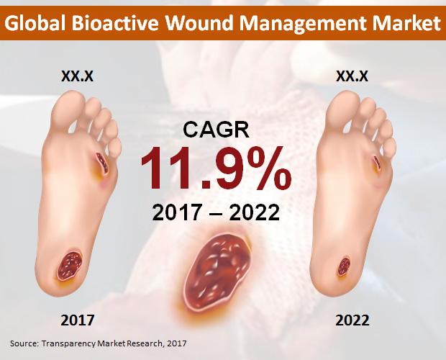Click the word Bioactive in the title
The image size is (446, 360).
click(114, 23)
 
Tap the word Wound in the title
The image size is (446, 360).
click(199, 23)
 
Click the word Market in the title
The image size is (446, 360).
click(406, 23)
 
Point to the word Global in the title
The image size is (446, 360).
click(35, 23)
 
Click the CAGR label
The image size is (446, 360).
click(216, 129)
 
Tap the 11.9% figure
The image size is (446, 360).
click(217, 168)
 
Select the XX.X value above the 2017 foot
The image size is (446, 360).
click(78, 76)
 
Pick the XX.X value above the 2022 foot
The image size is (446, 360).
click(352, 76)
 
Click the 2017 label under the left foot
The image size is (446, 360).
click(78, 320)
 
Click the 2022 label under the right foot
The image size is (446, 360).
click(352, 320)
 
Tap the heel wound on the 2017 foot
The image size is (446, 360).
click(70, 265)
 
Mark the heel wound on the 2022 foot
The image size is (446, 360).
click(344, 266)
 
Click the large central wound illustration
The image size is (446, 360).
click(217, 272)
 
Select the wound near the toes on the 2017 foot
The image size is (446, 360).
click(102, 163)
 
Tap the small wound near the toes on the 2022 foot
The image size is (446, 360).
click(377, 163)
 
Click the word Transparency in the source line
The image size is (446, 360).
click(68, 343)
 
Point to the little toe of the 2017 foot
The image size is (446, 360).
click(115, 148)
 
